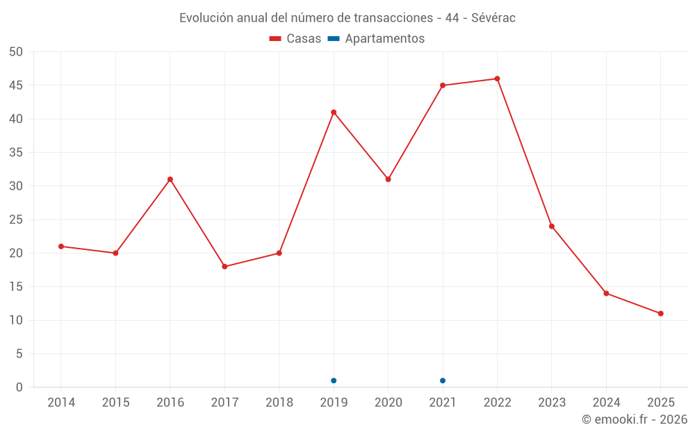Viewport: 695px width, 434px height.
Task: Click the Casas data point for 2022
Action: [x=497, y=78]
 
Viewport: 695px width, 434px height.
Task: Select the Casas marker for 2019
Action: [x=334, y=112]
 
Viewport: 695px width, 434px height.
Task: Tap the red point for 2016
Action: [x=170, y=179]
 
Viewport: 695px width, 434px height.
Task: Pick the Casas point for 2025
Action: [x=661, y=313]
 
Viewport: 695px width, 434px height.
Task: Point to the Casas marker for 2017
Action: [x=224, y=267]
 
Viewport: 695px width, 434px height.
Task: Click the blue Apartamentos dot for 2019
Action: [x=334, y=381]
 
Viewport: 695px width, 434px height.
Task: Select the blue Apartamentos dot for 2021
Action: [x=443, y=381]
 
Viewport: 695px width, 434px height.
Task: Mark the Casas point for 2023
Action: [x=552, y=226]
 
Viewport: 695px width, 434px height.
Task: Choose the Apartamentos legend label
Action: [x=384, y=39]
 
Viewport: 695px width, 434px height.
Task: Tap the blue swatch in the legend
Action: [x=334, y=39]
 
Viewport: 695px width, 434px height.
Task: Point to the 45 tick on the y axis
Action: [x=16, y=85]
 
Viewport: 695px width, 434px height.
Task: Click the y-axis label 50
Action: [x=16, y=52]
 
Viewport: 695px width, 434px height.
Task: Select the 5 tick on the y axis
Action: [x=19, y=354]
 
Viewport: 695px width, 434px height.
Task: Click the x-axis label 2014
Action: [x=61, y=403]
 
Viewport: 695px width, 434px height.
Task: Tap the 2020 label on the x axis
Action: [x=388, y=403]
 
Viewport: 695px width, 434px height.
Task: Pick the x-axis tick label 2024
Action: [x=606, y=403]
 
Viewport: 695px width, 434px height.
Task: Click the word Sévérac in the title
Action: [x=493, y=18]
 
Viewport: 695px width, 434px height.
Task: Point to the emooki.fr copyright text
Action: [x=635, y=419]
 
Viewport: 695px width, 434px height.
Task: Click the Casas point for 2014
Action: [x=61, y=247]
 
